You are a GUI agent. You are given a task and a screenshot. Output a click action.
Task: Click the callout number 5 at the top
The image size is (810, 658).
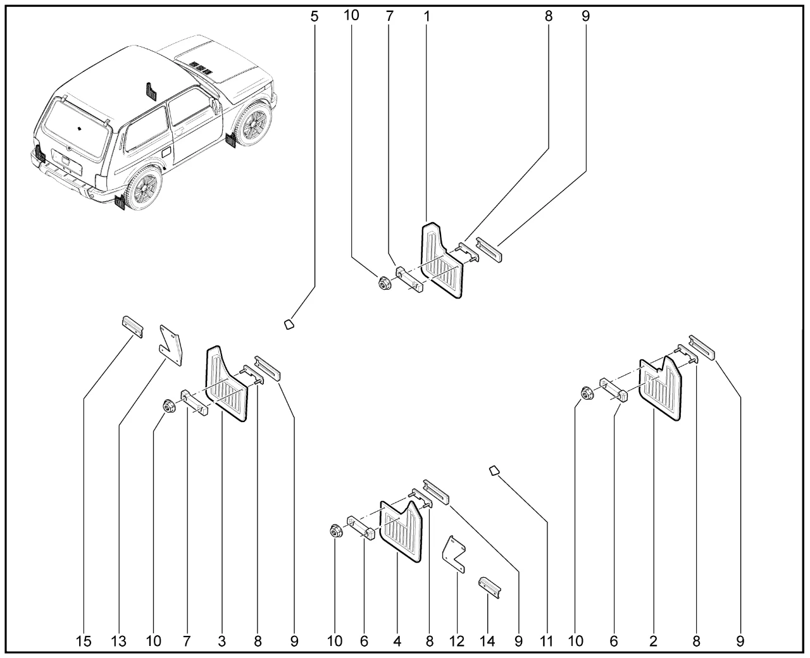point(315,16)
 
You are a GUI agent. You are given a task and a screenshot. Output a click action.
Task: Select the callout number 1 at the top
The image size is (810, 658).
point(427,16)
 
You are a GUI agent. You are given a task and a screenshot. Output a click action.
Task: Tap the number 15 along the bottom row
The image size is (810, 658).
point(84,642)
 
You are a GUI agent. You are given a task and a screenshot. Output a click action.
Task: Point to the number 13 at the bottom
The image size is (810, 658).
point(119,642)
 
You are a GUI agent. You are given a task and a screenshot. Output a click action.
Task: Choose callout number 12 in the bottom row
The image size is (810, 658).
point(457,642)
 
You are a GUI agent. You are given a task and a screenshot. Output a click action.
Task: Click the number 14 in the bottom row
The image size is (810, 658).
point(487,642)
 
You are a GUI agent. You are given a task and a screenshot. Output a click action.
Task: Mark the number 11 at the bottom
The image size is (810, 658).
point(547,642)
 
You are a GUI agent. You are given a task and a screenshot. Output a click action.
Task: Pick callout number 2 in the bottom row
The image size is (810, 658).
point(653,642)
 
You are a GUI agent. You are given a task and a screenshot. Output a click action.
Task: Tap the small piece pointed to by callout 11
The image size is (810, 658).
point(494,470)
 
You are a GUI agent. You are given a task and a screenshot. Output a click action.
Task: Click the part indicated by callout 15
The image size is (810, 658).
point(132,325)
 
